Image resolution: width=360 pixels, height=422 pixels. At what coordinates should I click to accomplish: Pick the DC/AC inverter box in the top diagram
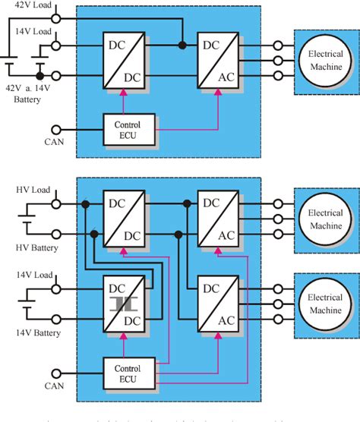220,61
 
